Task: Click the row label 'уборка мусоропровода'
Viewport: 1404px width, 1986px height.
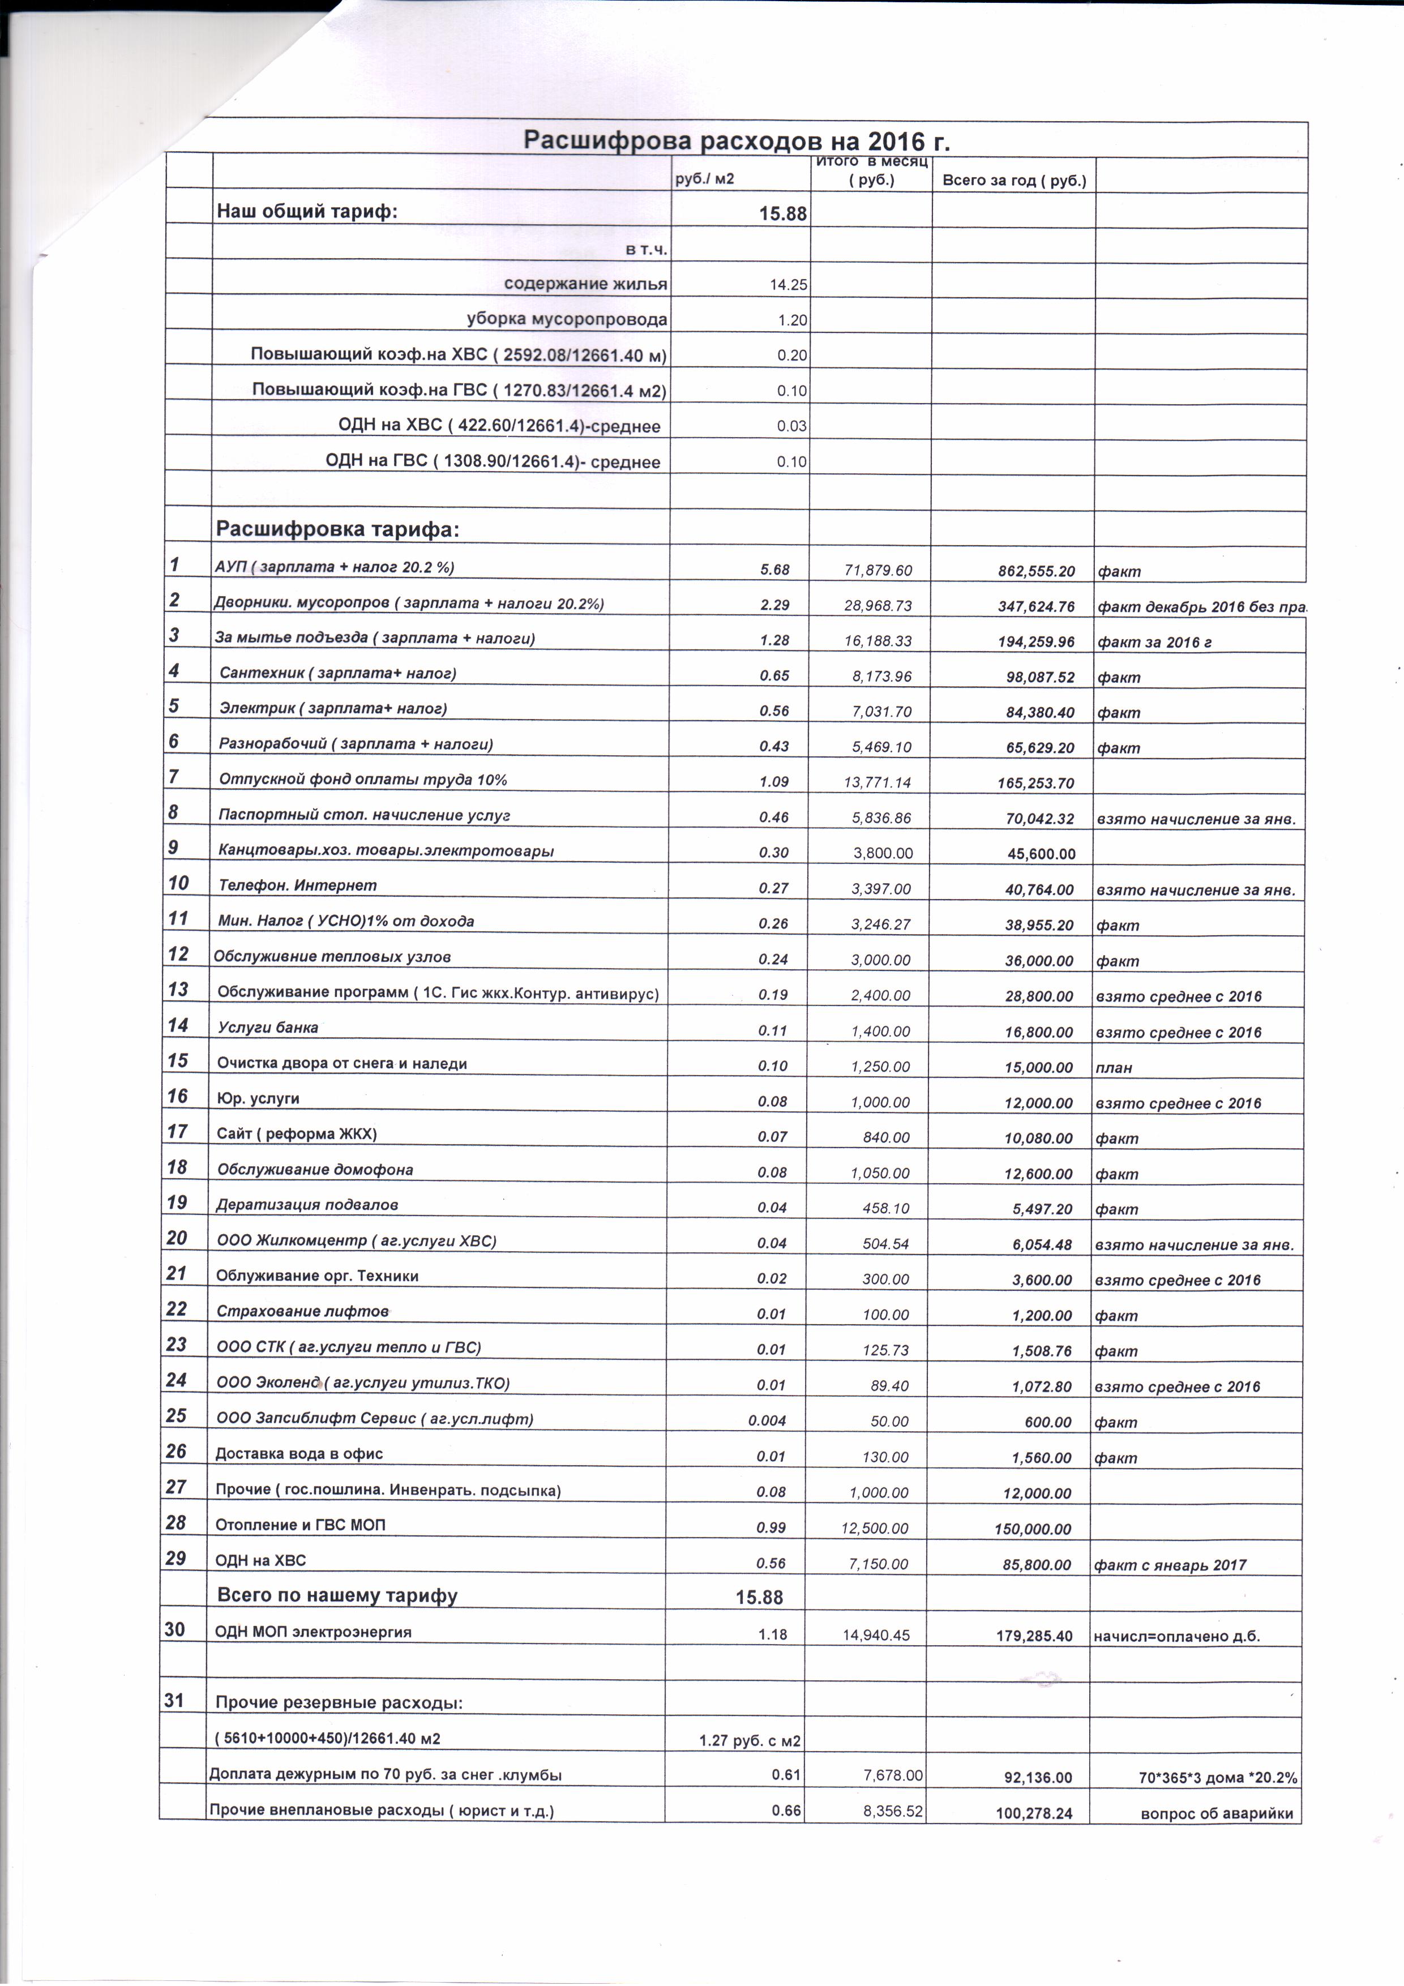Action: (567, 319)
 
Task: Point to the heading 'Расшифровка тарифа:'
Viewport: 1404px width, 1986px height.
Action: (337, 529)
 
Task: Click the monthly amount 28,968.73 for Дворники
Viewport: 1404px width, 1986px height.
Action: (877, 606)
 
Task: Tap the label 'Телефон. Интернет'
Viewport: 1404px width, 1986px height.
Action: (298, 885)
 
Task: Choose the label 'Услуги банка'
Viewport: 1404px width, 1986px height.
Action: (268, 1028)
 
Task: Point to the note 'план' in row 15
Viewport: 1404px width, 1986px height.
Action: (1114, 1067)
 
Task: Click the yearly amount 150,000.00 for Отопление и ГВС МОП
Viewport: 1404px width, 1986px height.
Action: (1033, 1529)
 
